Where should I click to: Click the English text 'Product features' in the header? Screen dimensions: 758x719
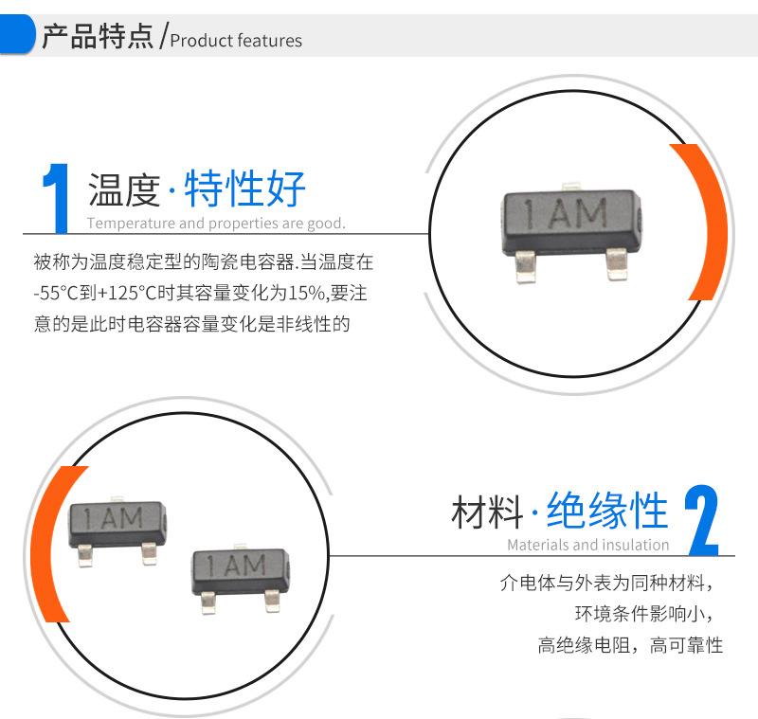pos(236,40)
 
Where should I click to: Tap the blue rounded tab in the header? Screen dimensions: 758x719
pos(16,34)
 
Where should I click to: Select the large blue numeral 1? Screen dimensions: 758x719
pos(56,198)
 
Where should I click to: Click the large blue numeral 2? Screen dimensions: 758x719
pos(701,520)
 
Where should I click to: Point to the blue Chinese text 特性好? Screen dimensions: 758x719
pos(244,188)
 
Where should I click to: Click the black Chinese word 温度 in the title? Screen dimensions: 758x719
pos(124,189)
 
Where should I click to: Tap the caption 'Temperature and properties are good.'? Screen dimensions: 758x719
pos(216,224)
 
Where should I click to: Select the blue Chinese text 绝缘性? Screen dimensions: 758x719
pos(607,510)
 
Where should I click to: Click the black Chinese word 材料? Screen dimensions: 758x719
pos(487,512)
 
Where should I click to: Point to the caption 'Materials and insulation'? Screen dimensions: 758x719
pos(587,545)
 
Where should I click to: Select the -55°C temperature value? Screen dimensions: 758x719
pos(56,293)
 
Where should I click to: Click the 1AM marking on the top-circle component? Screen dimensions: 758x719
pos(566,213)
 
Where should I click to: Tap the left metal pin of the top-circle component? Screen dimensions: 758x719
pos(526,266)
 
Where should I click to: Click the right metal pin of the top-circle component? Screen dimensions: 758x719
pos(617,264)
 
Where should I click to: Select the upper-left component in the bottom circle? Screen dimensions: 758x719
pos(117,530)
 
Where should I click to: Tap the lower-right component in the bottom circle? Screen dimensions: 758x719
pos(241,578)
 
